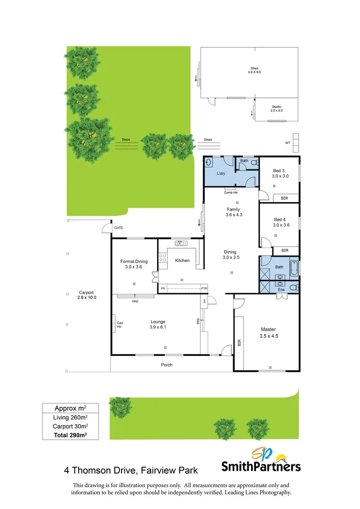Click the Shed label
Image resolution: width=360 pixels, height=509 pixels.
pos(254,69)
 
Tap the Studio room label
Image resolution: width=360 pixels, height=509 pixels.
pos(276,107)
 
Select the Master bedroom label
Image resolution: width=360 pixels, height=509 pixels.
pos(268,329)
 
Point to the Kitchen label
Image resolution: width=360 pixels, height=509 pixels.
pos(182,260)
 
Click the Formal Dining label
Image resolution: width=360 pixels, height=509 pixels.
pos(134,261)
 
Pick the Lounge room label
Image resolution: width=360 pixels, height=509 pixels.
pos(158,322)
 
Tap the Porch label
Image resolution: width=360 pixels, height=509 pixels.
pos(166,365)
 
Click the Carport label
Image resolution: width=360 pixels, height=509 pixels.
pos(86,293)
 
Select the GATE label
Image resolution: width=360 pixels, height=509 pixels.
pos(118,227)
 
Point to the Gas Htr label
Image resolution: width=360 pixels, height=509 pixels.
pos(120,325)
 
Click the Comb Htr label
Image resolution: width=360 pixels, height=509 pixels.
pos(230,192)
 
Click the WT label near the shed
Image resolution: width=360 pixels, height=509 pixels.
pos(288,142)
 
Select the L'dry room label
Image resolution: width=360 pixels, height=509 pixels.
pos(221,174)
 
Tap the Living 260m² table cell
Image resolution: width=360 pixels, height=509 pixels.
pos(70,417)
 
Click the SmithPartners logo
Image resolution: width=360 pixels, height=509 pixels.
pos(261,460)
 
